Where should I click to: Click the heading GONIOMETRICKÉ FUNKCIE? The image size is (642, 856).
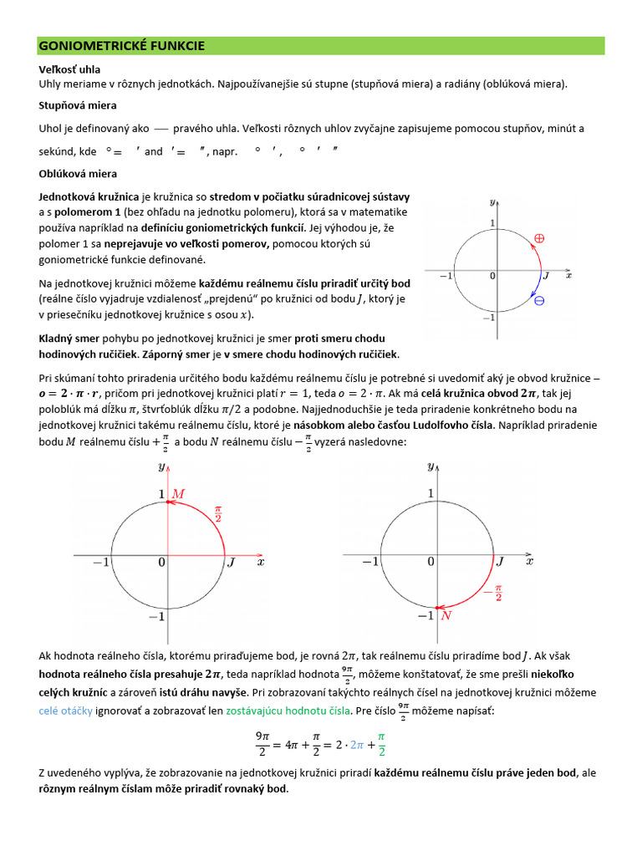pos(122,45)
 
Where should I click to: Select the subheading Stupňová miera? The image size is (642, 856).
pos(78,106)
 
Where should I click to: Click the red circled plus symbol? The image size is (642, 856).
pos(539,238)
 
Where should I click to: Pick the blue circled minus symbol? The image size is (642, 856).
pos(539,301)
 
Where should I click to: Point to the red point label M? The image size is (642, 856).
pos(178,495)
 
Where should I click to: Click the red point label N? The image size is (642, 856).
pos(446,616)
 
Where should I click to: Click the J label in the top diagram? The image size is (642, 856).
pos(547,275)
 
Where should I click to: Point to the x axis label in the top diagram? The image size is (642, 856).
pos(568,274)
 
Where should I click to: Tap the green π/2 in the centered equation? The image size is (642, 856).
pos(381,741)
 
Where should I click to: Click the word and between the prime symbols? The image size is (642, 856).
pos(154,152)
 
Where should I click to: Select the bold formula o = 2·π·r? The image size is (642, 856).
pos(70,394)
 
